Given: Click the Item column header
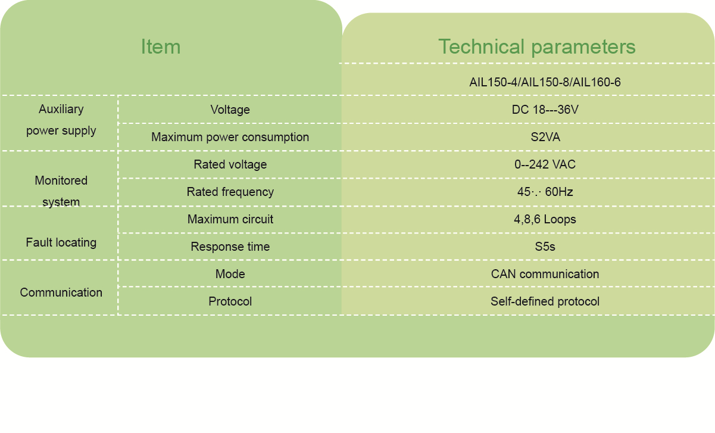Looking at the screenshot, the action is [161, 46].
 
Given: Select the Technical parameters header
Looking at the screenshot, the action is [537, 46].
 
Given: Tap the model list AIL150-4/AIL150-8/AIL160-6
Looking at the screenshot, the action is [545, 82].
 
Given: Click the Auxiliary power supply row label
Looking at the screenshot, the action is [61, 120].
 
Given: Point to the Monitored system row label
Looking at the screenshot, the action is [61, 191].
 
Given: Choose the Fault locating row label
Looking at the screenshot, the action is [61, 242].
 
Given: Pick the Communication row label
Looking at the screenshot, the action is [61, 292].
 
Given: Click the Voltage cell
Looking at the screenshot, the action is [230, 110].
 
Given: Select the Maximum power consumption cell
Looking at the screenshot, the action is [230, 137].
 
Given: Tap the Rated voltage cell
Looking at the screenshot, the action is [230, 164].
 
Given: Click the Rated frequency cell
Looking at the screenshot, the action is [230, 192].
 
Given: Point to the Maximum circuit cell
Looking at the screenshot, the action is [230, 219].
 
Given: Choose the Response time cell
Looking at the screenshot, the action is [230, 247].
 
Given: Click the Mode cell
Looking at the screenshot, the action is [230, 274].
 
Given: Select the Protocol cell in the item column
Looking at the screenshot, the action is [230, 301].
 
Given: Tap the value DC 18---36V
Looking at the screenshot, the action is [545, 110].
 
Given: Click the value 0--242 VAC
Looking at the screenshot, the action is [545, 164].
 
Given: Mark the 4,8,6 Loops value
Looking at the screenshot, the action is [545, 219].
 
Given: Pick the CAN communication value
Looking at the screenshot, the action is [545, 274].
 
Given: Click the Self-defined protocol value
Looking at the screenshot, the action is [545, 301].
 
